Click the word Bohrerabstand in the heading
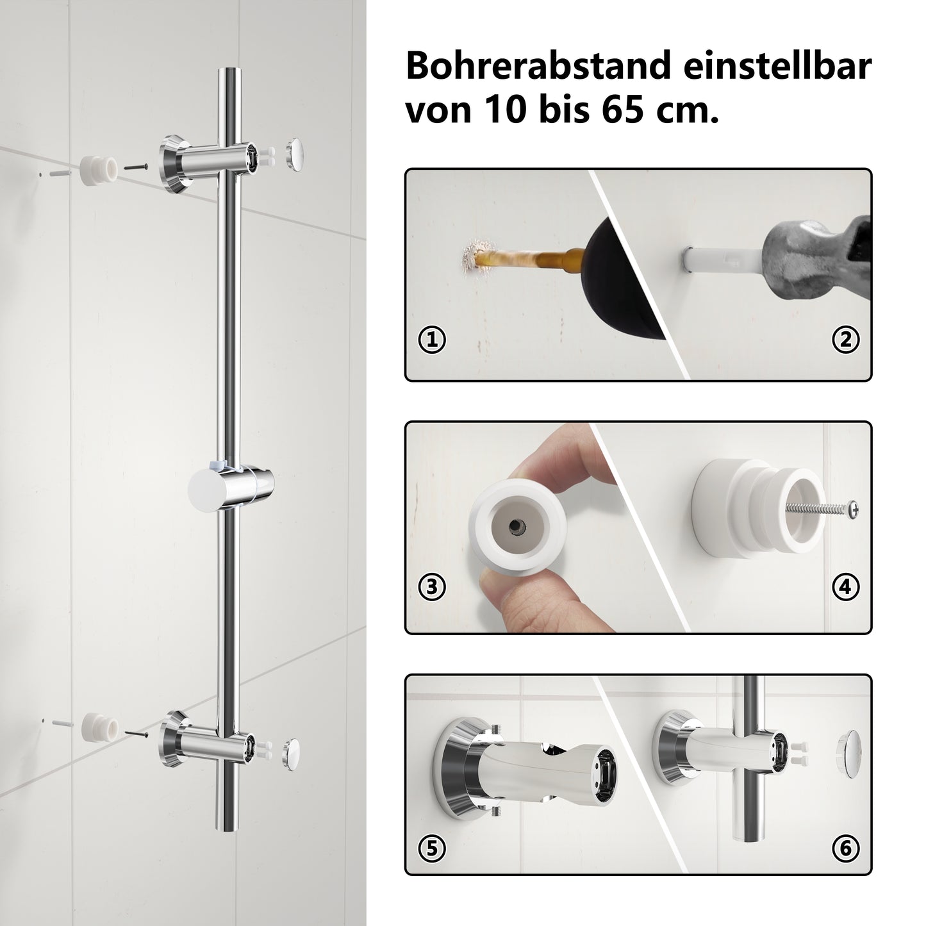tap(538, 66)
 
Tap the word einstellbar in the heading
tap(778, 66)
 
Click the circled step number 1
tap(432, 340)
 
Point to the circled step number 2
tap(845, 340)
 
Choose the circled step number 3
tap(432, 587)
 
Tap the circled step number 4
tap(845, 587)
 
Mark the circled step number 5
tap(432, 848)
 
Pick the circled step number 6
tap(845, 848)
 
